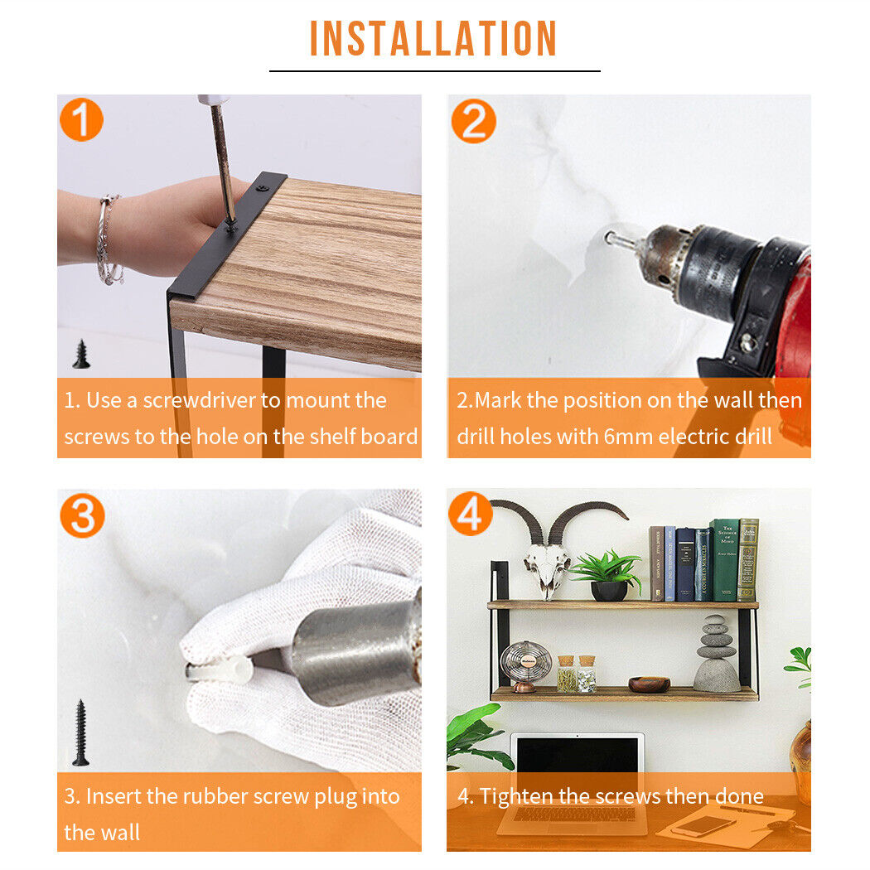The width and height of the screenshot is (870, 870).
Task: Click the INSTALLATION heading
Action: coord(433,38)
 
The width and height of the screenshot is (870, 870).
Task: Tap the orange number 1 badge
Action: coord(81,119)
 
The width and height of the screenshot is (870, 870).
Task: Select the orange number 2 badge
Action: coord(473,121)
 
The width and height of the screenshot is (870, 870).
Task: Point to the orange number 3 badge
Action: coord(82,515)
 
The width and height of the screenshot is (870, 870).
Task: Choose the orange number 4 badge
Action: coord(471,514)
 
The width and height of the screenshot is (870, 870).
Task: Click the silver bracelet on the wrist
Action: coord(109,240)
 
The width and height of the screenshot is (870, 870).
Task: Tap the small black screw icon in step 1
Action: coord(81,354)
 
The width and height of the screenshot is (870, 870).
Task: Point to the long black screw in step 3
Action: coord(81,732)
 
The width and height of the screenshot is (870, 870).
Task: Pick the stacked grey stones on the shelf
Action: coord(717,654)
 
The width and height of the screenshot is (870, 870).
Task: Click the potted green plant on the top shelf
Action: coord(607,575)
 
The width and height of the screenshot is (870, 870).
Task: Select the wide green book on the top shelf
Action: coord(725,560)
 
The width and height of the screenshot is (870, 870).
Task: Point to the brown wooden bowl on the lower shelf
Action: coord(649,684)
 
